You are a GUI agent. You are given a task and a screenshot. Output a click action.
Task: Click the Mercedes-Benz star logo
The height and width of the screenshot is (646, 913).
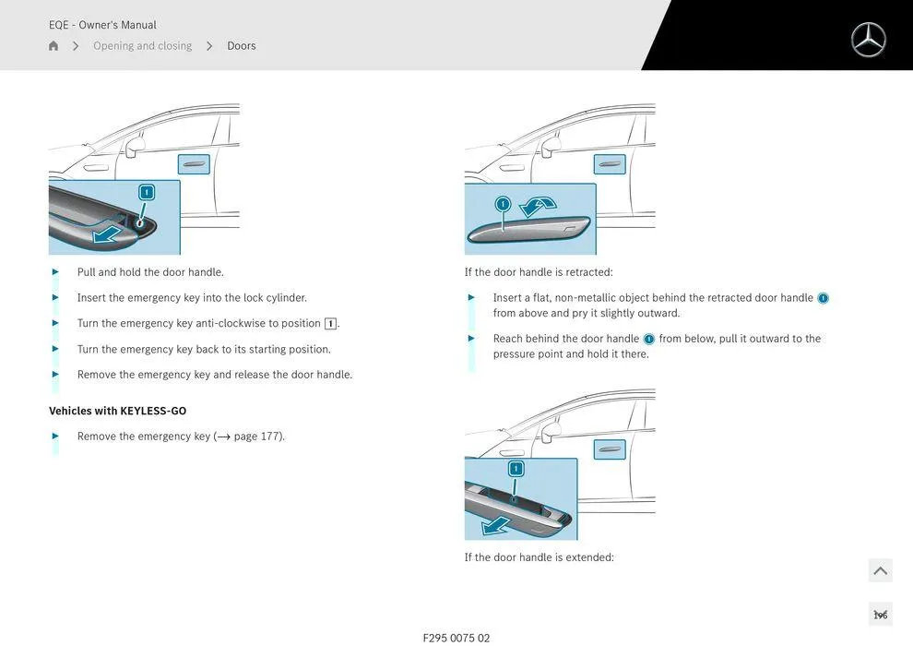pos(868,40)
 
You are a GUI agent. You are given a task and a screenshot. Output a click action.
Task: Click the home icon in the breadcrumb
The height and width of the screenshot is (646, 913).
pos(53,46)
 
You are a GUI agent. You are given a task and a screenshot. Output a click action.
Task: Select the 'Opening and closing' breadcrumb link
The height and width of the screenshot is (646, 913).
pos(142,46)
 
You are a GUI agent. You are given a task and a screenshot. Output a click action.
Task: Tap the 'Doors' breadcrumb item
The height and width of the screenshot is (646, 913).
pos(242,46)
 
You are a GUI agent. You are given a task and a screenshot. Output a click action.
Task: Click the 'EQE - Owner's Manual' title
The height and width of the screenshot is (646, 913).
pos(102,25)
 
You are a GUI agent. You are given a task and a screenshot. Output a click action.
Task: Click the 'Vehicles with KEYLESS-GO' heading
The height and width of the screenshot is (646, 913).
pos(117,411)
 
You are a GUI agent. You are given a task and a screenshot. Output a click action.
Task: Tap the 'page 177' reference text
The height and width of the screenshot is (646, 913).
pos(257,437)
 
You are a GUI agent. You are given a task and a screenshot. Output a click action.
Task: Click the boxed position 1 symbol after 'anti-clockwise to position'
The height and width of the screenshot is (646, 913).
pos(330,324)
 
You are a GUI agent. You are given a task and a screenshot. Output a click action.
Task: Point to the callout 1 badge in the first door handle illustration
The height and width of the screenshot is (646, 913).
pos(146,192)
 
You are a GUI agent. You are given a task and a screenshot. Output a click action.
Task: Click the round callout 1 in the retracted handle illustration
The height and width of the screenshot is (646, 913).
pos(503,204)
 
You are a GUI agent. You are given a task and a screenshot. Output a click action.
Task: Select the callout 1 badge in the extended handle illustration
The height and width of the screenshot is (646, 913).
pos(516,469)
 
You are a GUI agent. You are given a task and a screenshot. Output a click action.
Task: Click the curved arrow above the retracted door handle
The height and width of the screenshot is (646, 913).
pos(539,205)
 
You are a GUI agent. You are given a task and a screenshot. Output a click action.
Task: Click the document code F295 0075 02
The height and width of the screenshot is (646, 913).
pos(456,638)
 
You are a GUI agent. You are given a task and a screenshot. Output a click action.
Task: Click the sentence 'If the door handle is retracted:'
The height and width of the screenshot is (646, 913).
pos(539,272)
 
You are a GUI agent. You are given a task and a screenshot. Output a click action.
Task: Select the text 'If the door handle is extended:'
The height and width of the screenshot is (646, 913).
pos(539,557)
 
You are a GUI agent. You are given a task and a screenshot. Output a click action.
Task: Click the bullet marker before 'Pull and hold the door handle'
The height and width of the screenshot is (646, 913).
pos(55,272)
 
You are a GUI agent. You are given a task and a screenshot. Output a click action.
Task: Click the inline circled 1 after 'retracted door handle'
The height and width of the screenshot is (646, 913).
pos(823,298)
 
